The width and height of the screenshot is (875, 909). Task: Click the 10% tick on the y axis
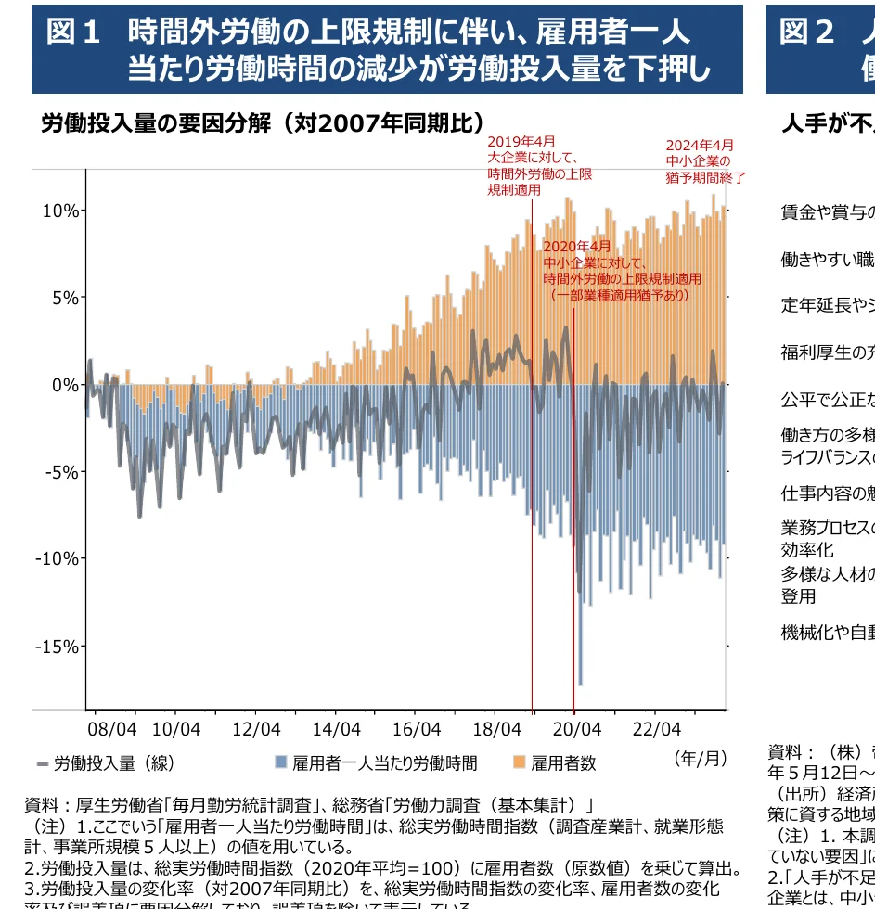pyautogui.click(x=60, y=211)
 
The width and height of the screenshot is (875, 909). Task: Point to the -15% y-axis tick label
pyautogui.click(x=57, y=647)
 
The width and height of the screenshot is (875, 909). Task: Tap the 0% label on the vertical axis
pyautogui.click(x=65, y=385)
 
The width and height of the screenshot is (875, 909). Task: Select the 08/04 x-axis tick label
pyautogui.click(x=111, y=729)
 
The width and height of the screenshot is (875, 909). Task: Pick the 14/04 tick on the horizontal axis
pyautogui.click(x=336, y=729)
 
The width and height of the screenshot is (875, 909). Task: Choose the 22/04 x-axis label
pyautogui.click(x=657, y=729)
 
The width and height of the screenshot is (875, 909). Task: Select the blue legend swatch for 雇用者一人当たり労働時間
pyautogui.click(x=280, y=763)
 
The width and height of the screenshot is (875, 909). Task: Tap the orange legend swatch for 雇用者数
pyautogui.click(x=519, y=763)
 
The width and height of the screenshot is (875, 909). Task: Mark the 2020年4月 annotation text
pyautogui.click(x=577, y=247)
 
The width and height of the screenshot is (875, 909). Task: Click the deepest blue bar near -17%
pyautogui.click(x=581, y=649)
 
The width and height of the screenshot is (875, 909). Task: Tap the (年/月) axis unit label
pyautogui.click(x=701, y=758)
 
